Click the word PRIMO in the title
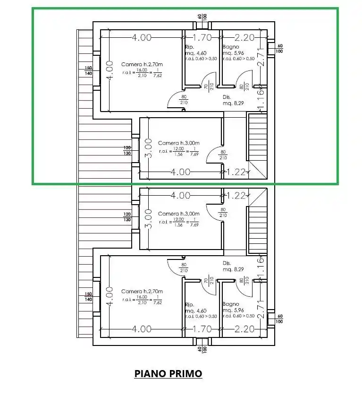[x=185, y=374]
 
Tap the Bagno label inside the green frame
[x=230, y=47]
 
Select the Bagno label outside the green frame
[x=230, y=304]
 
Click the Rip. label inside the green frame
[x=189, y=47]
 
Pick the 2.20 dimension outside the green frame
[x=244, y=328]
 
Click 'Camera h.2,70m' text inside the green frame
[x=142, y=64]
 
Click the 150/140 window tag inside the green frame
[x=88, y=70]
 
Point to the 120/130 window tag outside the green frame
[x=127, y=216]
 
